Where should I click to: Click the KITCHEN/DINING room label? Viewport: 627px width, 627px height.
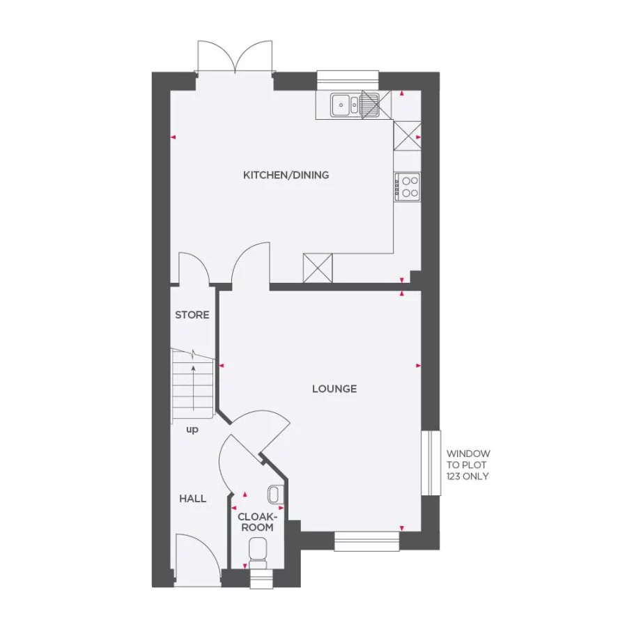coord(286,175)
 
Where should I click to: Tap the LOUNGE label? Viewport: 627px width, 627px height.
coord(334,389)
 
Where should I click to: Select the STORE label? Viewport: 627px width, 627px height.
coord(192,315)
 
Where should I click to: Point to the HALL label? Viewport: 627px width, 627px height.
coord(192,498)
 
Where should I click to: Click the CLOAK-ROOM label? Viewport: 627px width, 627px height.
coord(256,522)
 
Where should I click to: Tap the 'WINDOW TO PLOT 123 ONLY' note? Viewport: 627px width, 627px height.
coord(468,465)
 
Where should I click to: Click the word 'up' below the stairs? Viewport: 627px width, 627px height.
coord(192,430)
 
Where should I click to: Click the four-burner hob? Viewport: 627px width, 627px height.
coord(408,186)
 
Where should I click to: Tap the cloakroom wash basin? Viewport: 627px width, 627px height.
coord(274,494)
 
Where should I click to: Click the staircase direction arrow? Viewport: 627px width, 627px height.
coord(192,387)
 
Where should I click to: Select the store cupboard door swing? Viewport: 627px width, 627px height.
coord(195,268)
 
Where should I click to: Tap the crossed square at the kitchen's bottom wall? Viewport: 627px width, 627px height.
coord(318,268)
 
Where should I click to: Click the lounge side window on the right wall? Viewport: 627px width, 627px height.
coord(431,463)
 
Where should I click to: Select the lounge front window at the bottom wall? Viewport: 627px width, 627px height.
coord(366,541)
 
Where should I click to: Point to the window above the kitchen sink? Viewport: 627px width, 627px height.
coord(348,79)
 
